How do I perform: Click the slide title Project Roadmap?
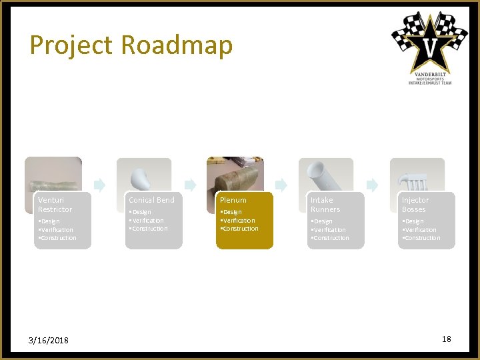click(131, 45)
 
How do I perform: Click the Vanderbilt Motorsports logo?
click(429, 48)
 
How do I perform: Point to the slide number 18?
click(446, 339)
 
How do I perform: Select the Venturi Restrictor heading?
click(55, 205)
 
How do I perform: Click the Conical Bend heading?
click(151, 200)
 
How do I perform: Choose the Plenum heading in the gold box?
click(233, 200)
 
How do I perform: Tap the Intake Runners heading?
click(325, 205)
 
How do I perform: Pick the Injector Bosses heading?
click(415, 205)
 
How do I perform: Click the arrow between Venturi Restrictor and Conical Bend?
click(99, 185)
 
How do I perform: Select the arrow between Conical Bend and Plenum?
click(190, 185)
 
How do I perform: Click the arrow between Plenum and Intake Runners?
click(281, 185)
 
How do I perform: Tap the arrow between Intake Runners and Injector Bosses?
click(372, 185)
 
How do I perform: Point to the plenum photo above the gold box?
click(235, 175)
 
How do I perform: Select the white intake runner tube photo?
click(325, 177)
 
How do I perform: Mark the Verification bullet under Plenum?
click(238, 221)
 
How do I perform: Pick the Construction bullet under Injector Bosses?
click(421, 238)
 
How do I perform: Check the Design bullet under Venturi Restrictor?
click(49, 221)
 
